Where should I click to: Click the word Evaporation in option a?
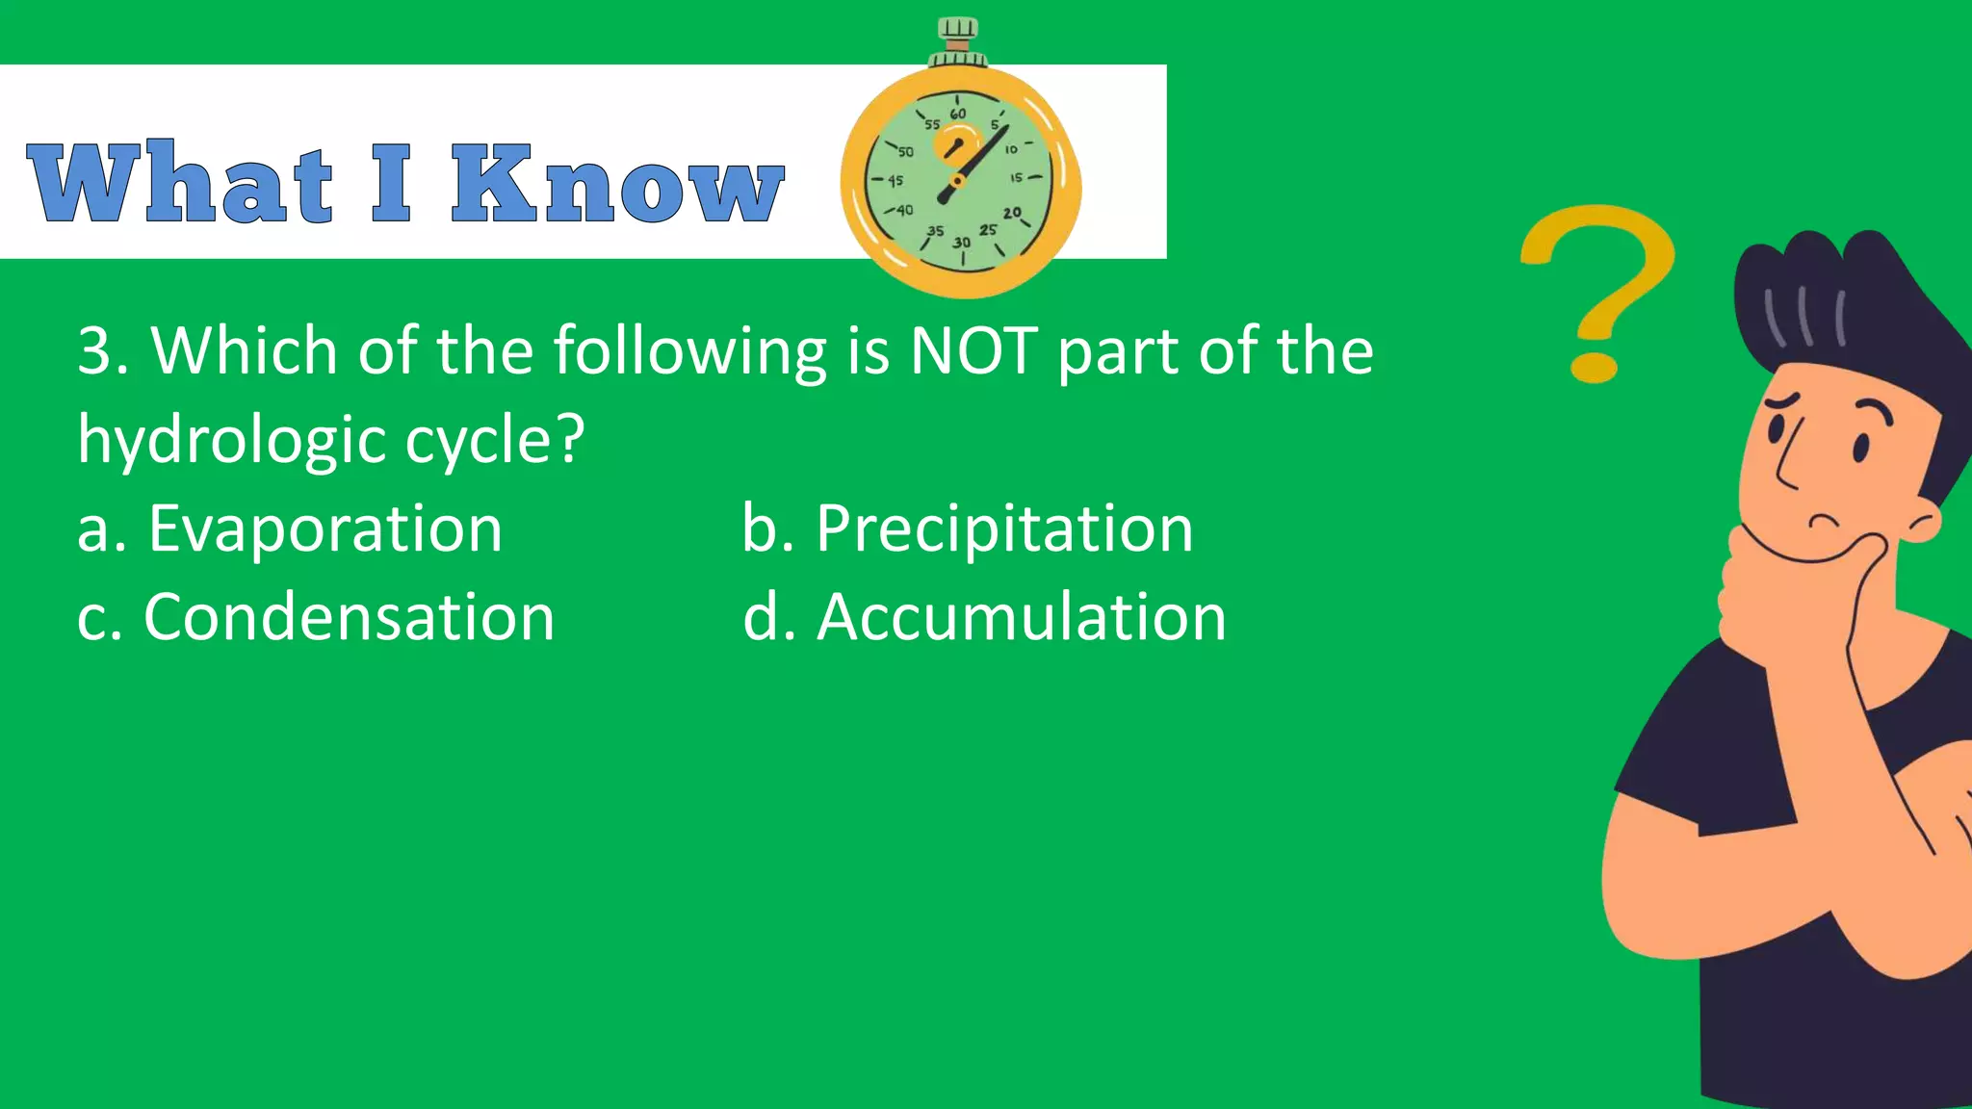click(x=325, y=529)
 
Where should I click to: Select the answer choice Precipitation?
click(x=1004, y=529)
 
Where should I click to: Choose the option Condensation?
click(x=349, y=617)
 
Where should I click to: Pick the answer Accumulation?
click(x=1021, y=617)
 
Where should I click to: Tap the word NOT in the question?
click(x=973, y=350)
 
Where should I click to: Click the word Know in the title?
click(x=617, y=184)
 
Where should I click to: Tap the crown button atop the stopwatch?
click(x=957, y=35)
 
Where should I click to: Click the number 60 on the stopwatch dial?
click(x=957, y=114)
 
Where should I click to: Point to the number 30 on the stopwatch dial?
click(x=961, y=243)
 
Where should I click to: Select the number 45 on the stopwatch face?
click(x=895, y=181)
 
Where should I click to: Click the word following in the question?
click(x=689, y=350)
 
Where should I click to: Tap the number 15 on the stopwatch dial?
click(x=1016, y=178)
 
